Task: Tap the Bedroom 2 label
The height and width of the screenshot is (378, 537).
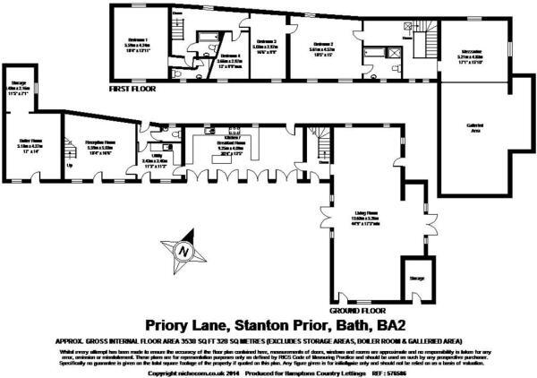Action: pyautogui.click(x=267, y=41)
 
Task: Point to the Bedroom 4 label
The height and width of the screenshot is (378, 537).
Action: pyautogui.click(x=229, y=56)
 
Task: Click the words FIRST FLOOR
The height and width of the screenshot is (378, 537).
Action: pyautogui.click(x=132, y=90)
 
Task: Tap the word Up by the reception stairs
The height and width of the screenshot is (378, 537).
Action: pyautogui.click(x=70, y=166)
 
